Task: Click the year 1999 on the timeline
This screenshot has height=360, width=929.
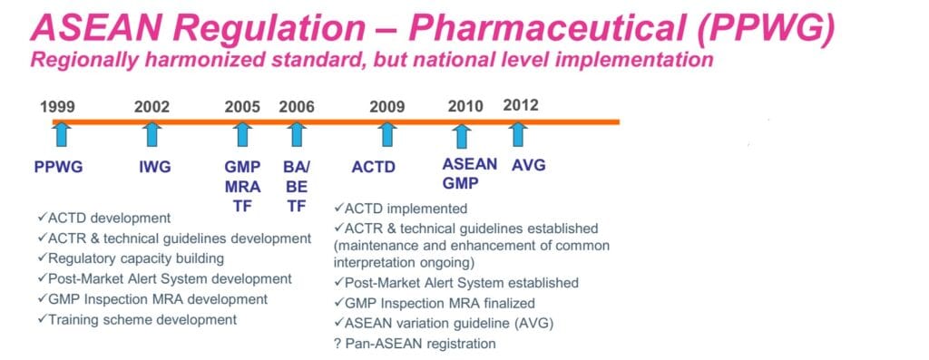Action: (57, 107)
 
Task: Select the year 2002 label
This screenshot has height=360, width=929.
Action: (152, 107)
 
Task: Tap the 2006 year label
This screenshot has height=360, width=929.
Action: (297, 107)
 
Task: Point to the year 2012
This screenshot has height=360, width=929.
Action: (521, 105)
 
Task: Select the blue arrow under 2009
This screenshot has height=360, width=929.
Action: (386, 133)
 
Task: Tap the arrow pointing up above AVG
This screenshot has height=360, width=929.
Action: (518, 133)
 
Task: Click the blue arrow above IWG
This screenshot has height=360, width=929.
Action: (152, 133)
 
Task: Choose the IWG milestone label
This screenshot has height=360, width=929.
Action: (154, 167)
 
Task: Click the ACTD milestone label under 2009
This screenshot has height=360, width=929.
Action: (373, 168)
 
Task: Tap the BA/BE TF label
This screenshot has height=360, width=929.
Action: (297, 187)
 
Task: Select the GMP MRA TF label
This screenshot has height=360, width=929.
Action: (242, 187)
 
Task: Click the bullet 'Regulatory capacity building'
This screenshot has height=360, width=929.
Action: (131, 258)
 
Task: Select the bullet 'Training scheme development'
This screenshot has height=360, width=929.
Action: (137, 320)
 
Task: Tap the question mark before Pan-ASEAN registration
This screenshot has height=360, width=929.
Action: (337, 344)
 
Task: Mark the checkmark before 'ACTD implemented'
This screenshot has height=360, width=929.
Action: (339, 208)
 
